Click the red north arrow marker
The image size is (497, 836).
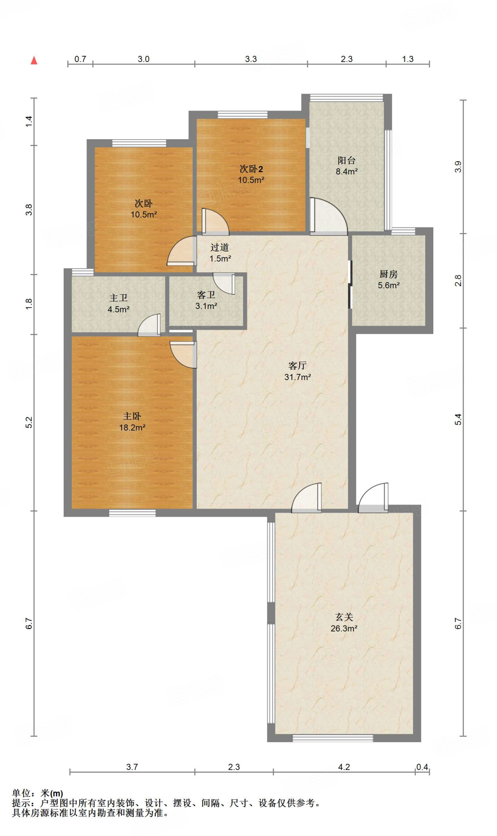(34, 60)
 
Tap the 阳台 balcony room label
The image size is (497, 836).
(346, 160)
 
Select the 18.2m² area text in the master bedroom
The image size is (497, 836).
(132, 428)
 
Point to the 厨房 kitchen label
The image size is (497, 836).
(388, 274)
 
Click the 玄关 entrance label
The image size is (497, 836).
(344, 617)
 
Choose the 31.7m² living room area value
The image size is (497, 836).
(297, 377)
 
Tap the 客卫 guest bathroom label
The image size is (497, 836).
(206, 295)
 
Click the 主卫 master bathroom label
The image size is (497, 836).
(118, 298)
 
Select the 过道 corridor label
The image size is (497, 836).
(220, 247)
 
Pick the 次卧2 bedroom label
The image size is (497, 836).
(251, 169)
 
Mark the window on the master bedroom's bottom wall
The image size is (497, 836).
(132, 513)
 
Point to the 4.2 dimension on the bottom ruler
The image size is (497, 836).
(344, 767)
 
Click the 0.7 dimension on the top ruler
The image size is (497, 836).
(80, 59)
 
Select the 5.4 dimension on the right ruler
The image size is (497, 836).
(458, 419)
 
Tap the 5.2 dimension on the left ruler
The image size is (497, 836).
(29, 422)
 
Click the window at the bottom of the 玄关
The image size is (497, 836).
(333, 738)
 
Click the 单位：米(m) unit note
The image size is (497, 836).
(38, 793)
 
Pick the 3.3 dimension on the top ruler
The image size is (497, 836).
(251, 59)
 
